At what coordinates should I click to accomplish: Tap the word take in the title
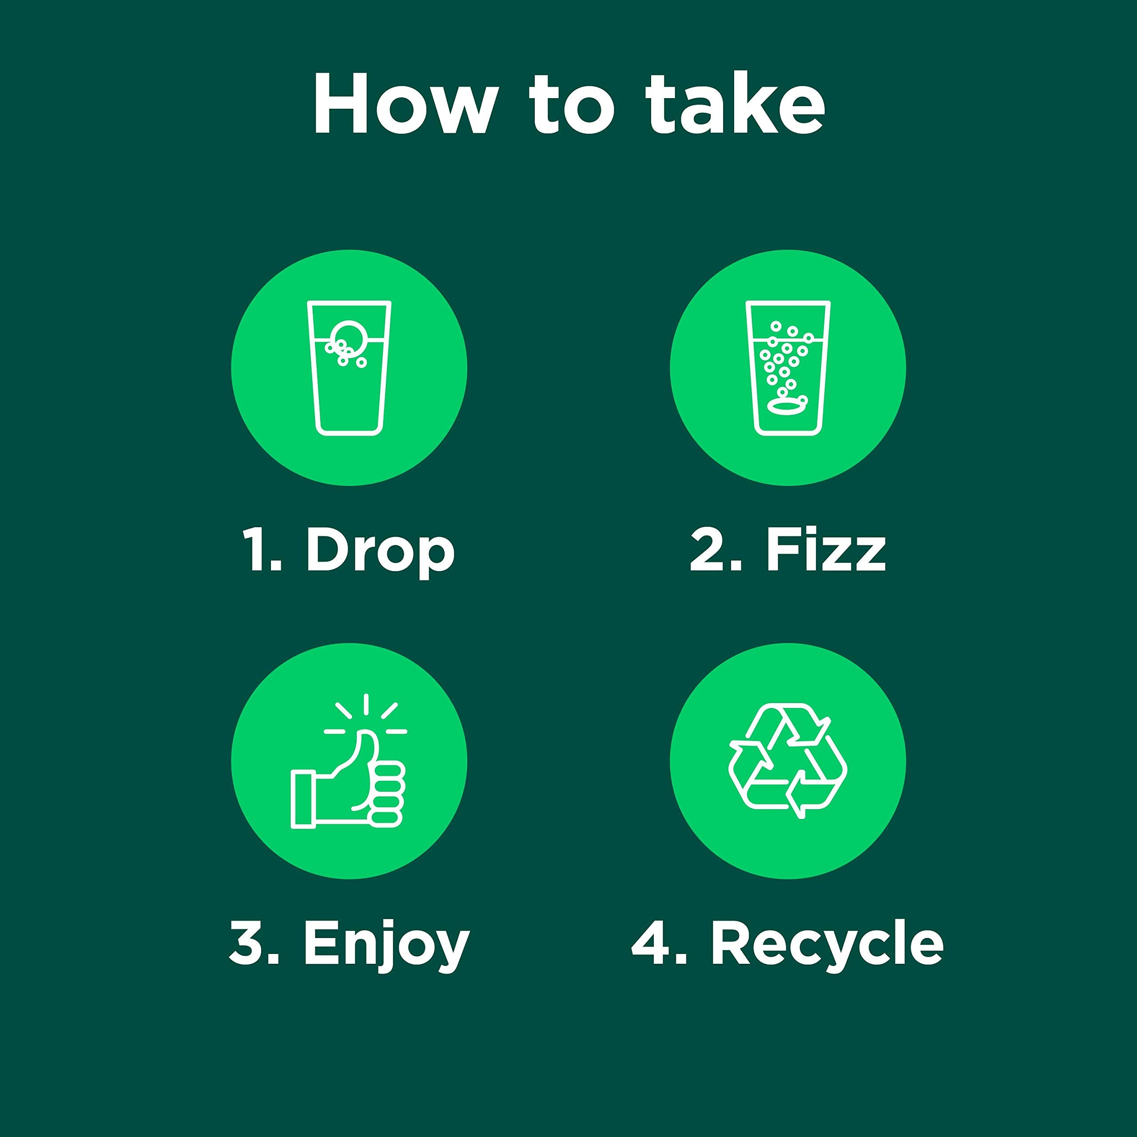735,104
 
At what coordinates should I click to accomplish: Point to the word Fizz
826,550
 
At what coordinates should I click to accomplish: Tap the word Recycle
827,944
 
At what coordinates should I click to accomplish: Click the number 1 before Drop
257,550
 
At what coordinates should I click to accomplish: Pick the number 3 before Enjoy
246,944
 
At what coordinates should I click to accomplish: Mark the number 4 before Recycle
651,944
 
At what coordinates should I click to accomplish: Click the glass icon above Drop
349,368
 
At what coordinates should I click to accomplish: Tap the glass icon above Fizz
787,368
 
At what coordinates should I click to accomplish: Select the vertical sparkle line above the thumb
366,704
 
